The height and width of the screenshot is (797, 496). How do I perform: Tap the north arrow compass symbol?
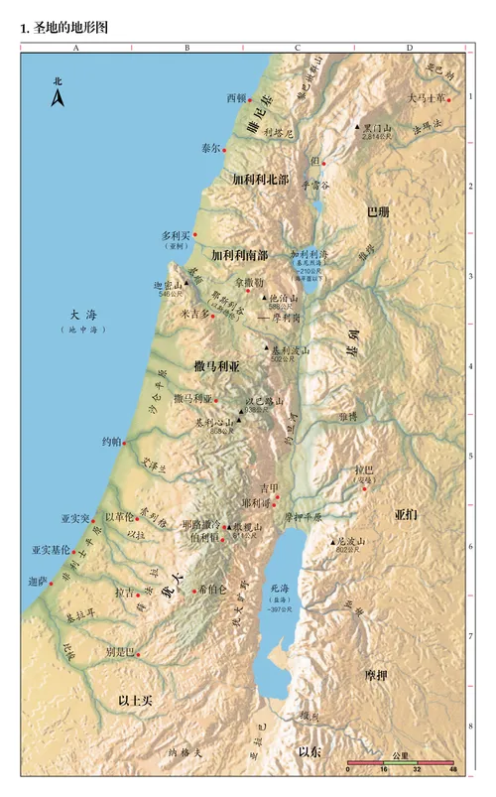tap(58, 94)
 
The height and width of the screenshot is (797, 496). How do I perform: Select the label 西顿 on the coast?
tap(236, 99)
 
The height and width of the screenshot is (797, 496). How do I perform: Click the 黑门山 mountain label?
tap(378, 129)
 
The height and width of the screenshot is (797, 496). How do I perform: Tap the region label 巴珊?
tap(378, 212)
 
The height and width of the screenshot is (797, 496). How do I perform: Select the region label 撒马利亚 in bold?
tap(217, 366)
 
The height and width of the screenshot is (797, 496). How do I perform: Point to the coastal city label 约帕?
tap(111, 441)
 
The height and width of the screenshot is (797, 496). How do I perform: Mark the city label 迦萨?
tap(39, 581)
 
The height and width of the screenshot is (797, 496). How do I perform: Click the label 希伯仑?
tap(212, 589)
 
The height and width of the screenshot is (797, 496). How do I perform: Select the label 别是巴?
tap(119, 652)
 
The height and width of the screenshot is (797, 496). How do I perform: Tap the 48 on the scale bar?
tap(452, 770)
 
